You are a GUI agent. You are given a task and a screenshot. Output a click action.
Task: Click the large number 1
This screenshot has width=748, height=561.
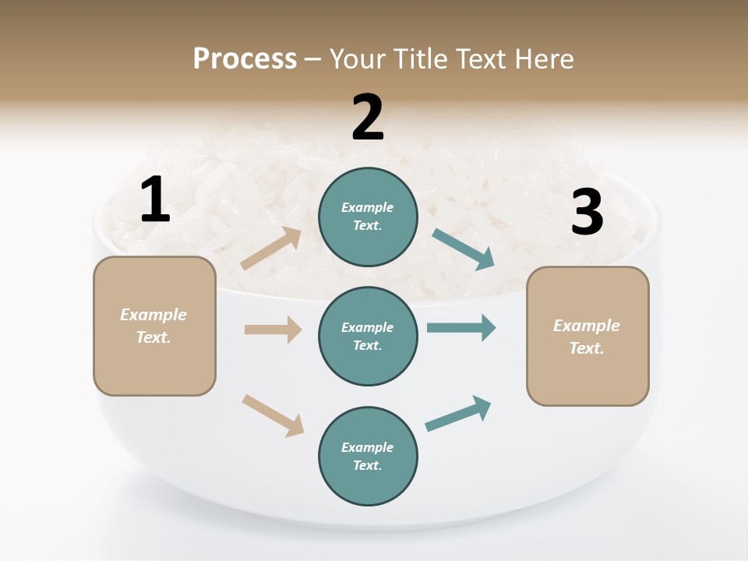pos(155,199)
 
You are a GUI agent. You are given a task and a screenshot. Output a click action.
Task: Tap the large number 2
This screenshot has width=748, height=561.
pos(368,118)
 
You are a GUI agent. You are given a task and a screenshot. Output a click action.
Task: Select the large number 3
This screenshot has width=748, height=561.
pos(587,213)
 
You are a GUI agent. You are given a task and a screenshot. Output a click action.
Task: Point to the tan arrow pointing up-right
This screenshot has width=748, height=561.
pos(271,249)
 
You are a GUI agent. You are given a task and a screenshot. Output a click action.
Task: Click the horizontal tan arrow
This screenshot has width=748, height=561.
pos(273,330)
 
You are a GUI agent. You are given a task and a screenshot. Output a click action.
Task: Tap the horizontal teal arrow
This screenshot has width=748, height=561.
pos(461,327)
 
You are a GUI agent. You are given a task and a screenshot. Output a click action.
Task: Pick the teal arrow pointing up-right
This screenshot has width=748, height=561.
pos(458,414)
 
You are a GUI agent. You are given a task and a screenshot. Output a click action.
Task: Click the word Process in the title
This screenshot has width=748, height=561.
pos(245,58)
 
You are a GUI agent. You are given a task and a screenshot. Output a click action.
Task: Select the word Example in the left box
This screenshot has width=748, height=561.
pos(153,315)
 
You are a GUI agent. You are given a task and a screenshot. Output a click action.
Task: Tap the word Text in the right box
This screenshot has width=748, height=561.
pos(586,348)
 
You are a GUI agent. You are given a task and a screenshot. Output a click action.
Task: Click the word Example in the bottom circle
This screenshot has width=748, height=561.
pos(368,447)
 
